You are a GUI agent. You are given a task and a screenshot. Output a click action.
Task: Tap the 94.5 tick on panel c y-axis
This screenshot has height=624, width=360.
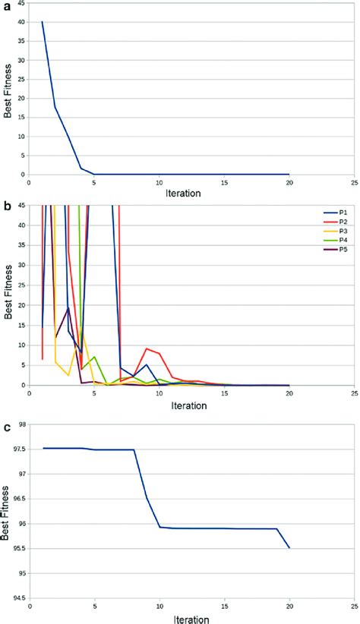(x=18, y=598)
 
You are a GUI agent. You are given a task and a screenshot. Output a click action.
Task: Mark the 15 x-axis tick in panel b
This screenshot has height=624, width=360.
(x=224, y=394)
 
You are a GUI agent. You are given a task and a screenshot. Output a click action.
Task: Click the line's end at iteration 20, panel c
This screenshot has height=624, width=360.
(x=289, y=547)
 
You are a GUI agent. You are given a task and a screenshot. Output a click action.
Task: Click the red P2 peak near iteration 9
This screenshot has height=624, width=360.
(x=147, y=348)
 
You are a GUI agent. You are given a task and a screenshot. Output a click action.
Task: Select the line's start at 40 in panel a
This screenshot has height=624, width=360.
(x=42, y=22)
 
